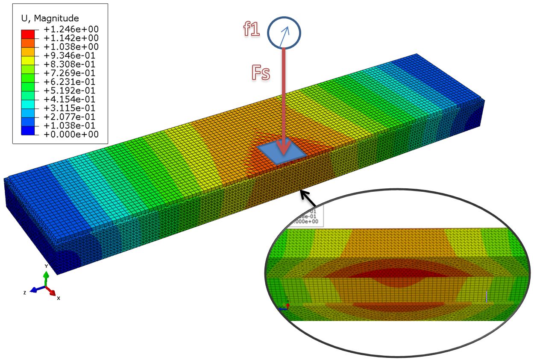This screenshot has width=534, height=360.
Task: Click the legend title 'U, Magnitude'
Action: (x=50, y=18)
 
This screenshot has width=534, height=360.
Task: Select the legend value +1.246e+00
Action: (x=71, y=29)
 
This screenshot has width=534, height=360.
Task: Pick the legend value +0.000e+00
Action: (x=71, y=134)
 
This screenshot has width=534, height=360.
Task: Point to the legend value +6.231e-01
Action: (x=71, y=82)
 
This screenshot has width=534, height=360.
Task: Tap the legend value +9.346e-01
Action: (x=71, y=56)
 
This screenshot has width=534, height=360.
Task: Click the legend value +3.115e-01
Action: (x=71, y=108)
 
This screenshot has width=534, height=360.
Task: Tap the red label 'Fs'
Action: (x=260, y=73)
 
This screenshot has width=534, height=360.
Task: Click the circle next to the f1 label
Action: (x=284, y=32)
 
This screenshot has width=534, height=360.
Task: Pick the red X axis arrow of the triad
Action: (x=51, y=292)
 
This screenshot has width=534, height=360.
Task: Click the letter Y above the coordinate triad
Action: (x=46, y=266)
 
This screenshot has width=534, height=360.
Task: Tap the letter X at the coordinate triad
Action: (x=59, y=298)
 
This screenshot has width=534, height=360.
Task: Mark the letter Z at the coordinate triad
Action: (x=25, y=293)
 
